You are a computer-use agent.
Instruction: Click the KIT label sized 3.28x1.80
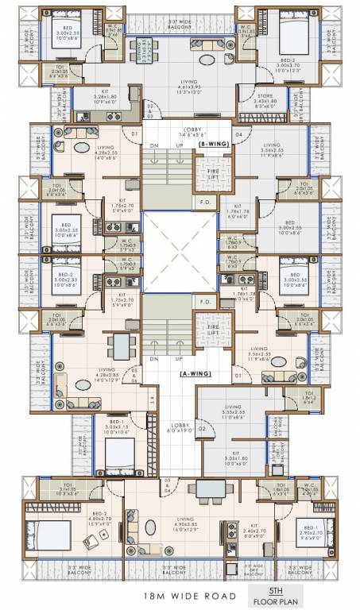click(100, 98)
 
